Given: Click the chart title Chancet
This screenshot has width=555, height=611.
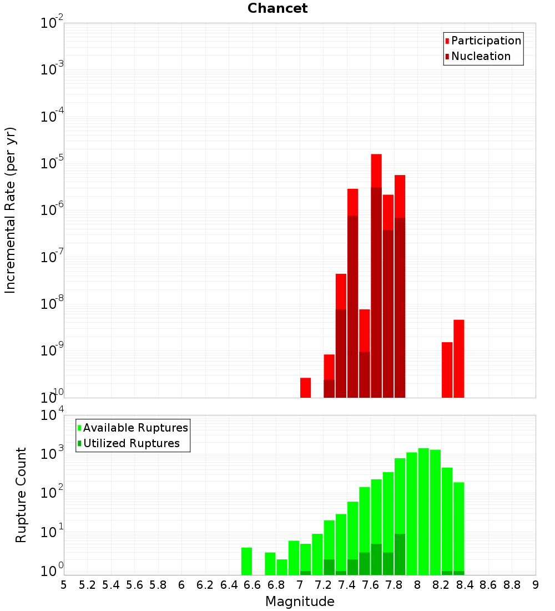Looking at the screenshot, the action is tap(277, 8).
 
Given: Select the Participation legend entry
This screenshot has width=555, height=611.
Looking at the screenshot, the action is tap(483, 41).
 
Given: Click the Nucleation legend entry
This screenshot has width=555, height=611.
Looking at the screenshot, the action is tap(478, 56).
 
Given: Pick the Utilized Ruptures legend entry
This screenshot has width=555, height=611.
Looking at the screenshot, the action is tap(129, 443).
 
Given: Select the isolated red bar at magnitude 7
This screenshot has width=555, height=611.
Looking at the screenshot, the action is tap(305, 388).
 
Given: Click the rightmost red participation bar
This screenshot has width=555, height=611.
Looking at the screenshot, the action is tap(459, 359).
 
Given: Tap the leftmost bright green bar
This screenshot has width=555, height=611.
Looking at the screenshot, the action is tap(246, 561).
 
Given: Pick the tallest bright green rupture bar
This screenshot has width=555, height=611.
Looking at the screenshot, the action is tap(423, 512).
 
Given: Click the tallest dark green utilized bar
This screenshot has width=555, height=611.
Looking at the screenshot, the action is tap(400, 554).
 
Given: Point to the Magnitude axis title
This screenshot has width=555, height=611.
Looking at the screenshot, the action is tap(300, 602).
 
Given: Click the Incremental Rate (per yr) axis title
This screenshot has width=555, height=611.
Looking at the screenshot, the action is tap(10, 211).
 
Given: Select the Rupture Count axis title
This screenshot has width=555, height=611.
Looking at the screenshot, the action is tap(21, 495).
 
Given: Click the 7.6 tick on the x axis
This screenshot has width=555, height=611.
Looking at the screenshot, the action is tap(370, 585).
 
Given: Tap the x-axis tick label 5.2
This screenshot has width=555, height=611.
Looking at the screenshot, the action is tap(87, 585).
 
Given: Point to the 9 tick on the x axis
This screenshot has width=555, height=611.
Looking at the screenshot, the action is tap(536, 585).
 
